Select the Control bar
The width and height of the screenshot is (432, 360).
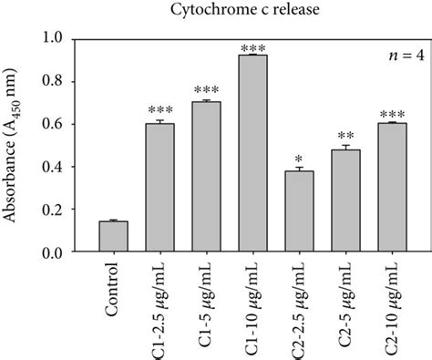(x=113, y=236)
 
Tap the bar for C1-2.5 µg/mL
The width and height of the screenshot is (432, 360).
(x=160, y=188)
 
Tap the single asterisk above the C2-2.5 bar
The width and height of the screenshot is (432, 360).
(x=300, y=157)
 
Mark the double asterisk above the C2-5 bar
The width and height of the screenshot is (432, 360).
(x=346, y=136)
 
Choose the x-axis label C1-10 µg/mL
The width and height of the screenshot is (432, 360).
(x=253, y=304)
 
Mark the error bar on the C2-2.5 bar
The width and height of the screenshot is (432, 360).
(x=300, y=170)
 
